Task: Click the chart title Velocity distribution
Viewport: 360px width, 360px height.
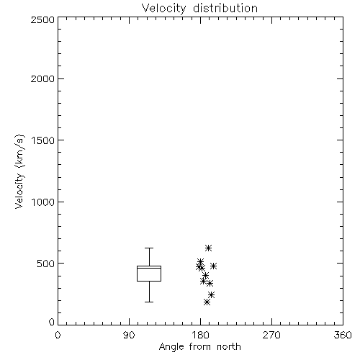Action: click(199, 8)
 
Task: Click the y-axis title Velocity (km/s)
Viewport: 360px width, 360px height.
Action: click(19, 171)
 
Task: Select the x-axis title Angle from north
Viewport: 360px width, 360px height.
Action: click(199, 347)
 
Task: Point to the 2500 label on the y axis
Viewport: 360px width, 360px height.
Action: click(42, 19)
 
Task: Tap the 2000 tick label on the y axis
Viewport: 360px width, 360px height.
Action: click(42, 78)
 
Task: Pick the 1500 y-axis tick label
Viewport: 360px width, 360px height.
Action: click(43, 140)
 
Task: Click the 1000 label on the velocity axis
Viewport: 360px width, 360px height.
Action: click(43, 202)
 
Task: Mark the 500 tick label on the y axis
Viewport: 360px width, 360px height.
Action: click(46, 264)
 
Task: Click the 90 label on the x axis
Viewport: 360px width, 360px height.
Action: click(129, 335)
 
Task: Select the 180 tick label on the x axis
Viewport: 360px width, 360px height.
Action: click(200, 335)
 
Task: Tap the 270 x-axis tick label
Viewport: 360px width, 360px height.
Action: click(271, 335)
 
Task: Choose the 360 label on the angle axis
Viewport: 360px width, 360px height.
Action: click(343, 335)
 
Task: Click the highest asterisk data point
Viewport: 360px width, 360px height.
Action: click(208, 248)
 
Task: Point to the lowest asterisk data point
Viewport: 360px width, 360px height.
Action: click(207, 302)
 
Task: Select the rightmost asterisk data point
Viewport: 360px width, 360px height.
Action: click(213, 266)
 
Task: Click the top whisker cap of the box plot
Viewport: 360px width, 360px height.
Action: click(149, 248)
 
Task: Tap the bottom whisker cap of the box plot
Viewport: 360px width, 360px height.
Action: click(149, 302)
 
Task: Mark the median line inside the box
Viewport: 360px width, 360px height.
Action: click(149, 268)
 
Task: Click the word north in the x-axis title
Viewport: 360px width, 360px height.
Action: click(229, 347)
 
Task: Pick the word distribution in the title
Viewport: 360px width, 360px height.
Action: click(225, 8)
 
